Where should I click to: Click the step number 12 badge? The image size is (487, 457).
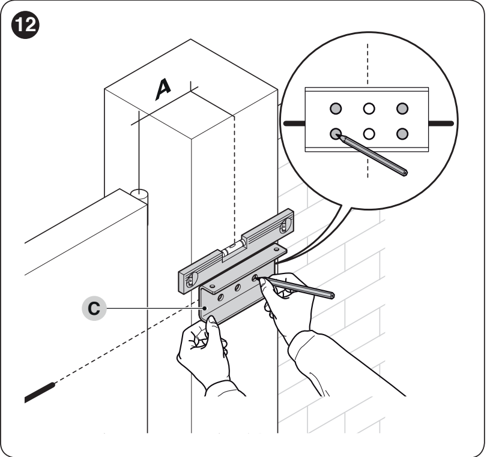coord(25,25)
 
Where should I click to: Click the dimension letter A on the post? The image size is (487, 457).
coord(163,90)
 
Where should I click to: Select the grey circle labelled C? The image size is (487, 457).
coord(94,309)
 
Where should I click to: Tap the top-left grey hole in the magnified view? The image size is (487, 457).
coord(336,109)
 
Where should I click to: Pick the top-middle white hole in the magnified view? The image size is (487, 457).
coord(369,109)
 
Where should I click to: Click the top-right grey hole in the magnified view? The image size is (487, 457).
coord(402,109)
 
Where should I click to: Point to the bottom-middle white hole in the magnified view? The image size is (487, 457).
coord(369,134)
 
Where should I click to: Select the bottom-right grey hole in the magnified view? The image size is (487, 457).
coord(402,134)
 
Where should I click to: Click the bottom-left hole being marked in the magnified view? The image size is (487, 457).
coord(336,134)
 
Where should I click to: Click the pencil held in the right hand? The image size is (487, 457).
coord(297,288)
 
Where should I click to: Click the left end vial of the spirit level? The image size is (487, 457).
coord(191,280)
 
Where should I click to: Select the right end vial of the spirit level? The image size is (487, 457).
coord(284,226)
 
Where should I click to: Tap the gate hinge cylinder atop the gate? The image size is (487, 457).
coord(140,196)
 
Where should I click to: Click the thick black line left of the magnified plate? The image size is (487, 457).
coord(294,124)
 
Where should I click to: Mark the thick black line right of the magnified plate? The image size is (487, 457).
coord(441,124)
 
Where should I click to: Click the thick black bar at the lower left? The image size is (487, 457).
coord(40,393)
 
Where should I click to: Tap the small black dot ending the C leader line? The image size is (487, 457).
coord(205,308)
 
